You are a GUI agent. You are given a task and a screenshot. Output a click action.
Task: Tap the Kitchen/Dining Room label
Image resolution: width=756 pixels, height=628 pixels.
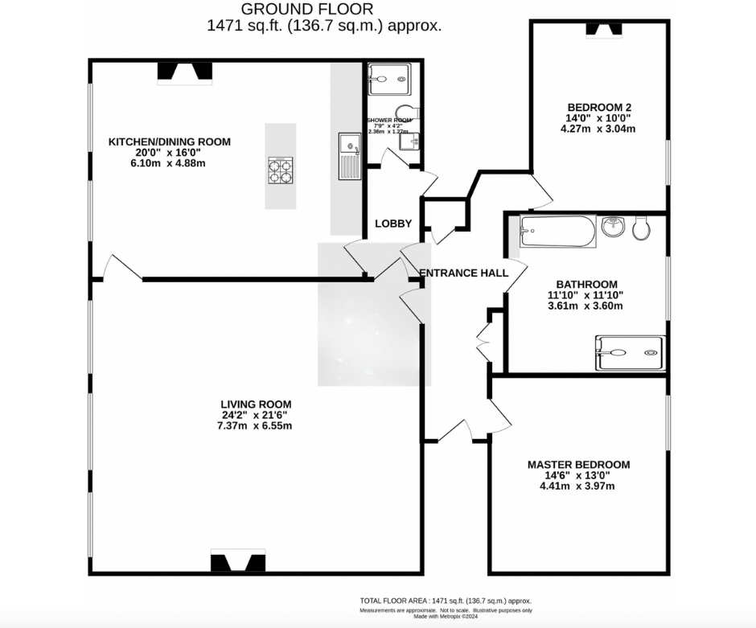pyautogui.click(x=170, y=142)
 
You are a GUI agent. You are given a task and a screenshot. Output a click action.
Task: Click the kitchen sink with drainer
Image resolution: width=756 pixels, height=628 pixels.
pyautogui.click(x=349, y=156)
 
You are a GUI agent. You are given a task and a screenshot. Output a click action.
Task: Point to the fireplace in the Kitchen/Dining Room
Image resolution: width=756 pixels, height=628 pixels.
pyautogui.click(x=184, y=72)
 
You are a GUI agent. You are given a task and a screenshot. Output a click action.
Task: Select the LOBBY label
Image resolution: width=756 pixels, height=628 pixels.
pyautogui.click(x=392, y=224)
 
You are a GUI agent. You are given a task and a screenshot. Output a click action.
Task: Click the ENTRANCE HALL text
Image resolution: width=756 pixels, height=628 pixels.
pyautogui.click(x=465, y=273)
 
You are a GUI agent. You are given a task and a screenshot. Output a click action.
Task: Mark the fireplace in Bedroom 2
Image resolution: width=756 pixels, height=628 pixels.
pyautogui.click(x=603, y=30)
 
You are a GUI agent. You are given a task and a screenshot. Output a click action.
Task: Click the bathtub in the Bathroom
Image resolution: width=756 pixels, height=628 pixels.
pyautogui.click(x=557, y=231)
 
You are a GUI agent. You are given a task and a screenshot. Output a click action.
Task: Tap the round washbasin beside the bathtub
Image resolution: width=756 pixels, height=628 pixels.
pyautogui.click(x=614, y=225)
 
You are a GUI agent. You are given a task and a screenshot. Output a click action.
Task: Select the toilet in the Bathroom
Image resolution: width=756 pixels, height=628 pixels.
pyautogui.click(x=642, y=228)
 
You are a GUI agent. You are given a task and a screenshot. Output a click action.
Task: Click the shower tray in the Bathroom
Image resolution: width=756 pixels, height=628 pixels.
pyautogui.click(x=630, y=353)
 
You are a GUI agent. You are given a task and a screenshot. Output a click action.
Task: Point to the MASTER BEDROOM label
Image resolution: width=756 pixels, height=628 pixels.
pyautogui.click(x=578, y=464)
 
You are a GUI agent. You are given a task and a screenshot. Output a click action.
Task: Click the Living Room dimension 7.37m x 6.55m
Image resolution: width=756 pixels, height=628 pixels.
pyautogui.click(x=256, y=425)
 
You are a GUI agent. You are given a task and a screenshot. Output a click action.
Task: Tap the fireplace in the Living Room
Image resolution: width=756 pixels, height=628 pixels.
pyautogui.click(x=237, y=562)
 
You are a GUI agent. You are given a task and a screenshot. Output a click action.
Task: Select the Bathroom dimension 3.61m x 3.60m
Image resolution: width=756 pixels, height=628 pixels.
pyautogui.click(x=586, y=306)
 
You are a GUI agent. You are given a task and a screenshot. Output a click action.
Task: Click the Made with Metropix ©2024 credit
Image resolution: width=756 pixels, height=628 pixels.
pyautogui.click(x=445, y=617)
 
